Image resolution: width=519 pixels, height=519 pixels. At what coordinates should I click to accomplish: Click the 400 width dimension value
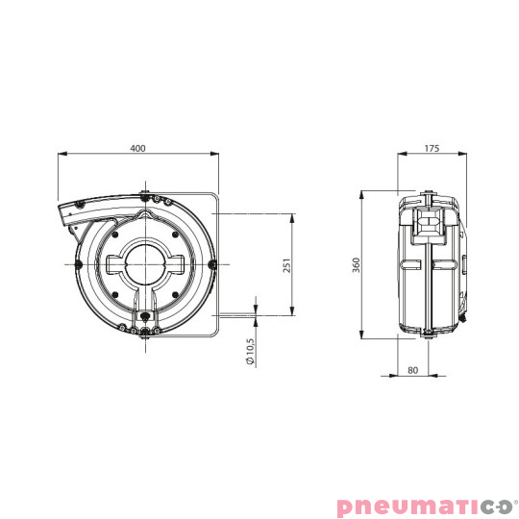click(x=138, y=148)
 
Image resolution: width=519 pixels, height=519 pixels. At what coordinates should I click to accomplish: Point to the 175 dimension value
click(x=431, y=148)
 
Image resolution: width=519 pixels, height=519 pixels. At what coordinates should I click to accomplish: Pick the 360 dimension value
click(x=356, y=265)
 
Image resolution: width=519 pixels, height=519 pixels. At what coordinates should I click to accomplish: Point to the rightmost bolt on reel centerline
click(x=210, y=262)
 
